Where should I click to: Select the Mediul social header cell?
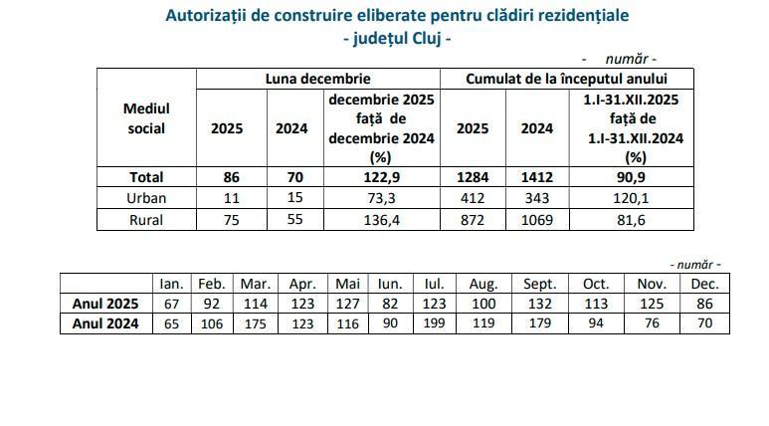coord(146,117)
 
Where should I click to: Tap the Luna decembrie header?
coord(317,78)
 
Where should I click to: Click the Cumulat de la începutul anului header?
coord(567,78)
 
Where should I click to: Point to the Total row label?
coord(146,177)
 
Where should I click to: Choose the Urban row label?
coord(146,198)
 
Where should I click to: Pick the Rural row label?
coord(146,219)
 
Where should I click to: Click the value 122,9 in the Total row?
coord(382,177)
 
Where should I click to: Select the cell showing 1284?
coord(473,177)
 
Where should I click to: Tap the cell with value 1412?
coord(537,177)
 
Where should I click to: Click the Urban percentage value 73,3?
coord(382,198)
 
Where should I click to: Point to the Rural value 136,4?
coord(382,219)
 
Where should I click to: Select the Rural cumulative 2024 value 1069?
coord(537,219)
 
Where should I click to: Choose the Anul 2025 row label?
coord(104,304)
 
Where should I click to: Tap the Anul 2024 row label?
coord(104,323)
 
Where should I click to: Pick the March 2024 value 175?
coord(256,323)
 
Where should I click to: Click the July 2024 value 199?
coord(434,323)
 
